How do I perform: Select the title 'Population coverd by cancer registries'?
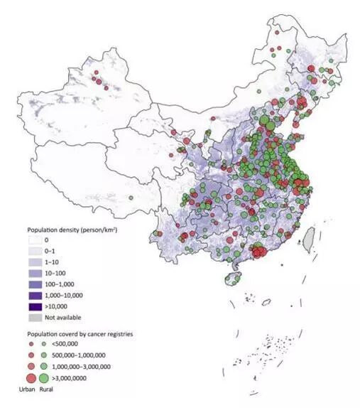(x=80, y=333)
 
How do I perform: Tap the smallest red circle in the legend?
(x=31, y=344)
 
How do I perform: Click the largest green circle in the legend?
(x=46, y=377)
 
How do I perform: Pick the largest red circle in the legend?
(x=31, y=377)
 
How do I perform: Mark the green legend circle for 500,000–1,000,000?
(x=45, y=354)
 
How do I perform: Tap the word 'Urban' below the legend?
(x=27, y=390)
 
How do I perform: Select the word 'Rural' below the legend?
(x=46, y=390)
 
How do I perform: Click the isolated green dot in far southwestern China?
(x=131, y=198)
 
